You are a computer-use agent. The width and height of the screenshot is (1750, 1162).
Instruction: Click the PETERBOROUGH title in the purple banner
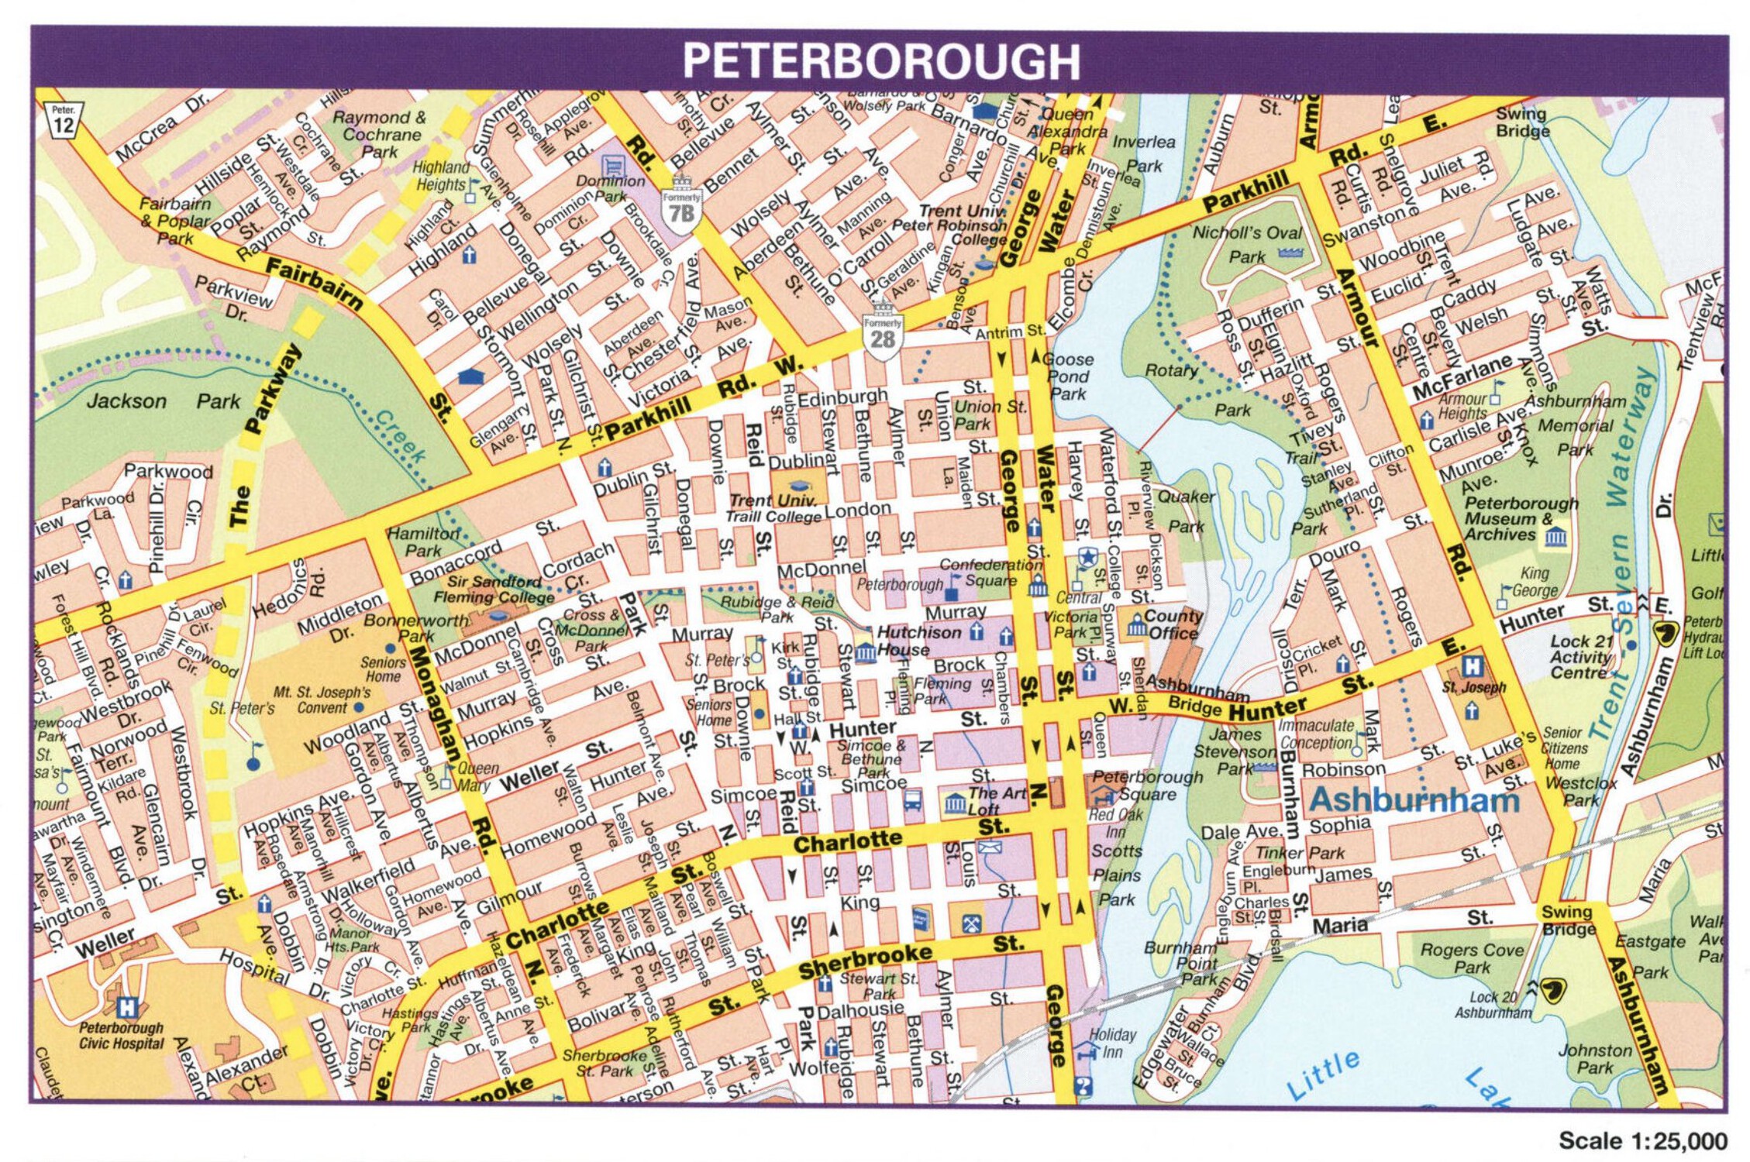880,61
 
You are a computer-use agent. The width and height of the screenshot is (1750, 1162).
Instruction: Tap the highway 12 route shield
64,121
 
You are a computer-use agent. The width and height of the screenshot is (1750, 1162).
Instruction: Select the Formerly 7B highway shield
681,206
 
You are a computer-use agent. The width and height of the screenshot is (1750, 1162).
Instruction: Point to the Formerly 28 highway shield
882,335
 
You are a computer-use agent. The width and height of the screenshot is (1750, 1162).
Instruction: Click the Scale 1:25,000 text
1642,1140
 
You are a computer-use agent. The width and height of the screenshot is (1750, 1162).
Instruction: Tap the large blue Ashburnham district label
1414,799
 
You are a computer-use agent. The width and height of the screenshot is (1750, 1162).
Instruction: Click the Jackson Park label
164,401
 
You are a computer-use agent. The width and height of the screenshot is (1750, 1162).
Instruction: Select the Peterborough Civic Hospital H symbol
126,1007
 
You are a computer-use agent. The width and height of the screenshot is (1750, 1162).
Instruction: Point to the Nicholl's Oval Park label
1246,243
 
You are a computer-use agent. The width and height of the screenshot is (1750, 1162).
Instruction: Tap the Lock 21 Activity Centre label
1580,657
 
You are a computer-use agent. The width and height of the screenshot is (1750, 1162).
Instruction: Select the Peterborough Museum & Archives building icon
1555,537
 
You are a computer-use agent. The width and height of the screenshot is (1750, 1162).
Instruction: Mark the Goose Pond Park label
1068,376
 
